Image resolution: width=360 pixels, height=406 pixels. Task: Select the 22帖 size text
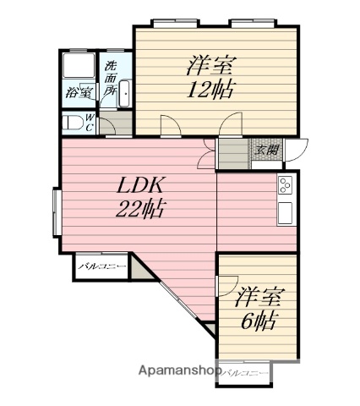point(140,207)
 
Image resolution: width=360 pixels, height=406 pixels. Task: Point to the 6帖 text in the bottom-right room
point(257,321)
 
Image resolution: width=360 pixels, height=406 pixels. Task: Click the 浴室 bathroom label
point(79,94)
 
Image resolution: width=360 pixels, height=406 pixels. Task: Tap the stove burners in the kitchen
point(285,184)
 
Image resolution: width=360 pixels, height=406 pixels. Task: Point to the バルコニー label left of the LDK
point(102,267)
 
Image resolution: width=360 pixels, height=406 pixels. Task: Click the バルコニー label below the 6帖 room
point(248,373)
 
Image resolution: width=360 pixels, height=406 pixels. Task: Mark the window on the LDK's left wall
point(56,211)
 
